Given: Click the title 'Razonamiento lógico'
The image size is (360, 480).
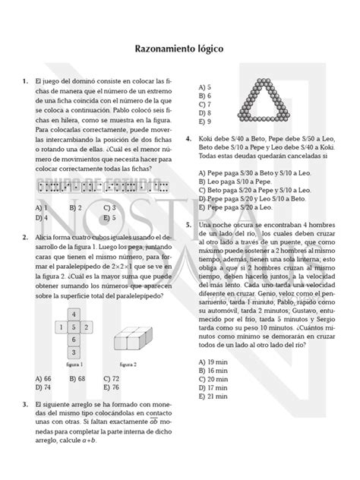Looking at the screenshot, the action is coord(180,46).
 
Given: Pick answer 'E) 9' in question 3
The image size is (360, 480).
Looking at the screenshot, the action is coord(204,122).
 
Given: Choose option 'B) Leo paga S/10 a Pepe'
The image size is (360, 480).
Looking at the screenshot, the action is coord(235,183).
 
